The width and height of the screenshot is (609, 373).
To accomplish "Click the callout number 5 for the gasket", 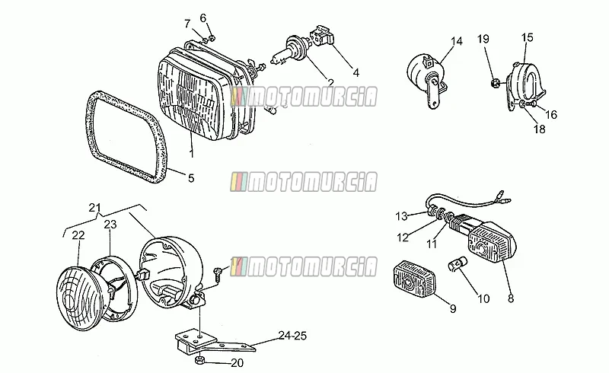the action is point(191,178).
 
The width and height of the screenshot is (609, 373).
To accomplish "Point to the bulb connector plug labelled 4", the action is point(322,36).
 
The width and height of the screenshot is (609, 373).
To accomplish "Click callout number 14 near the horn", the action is point(457,41).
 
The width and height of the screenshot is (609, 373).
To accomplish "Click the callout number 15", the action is point(527,37).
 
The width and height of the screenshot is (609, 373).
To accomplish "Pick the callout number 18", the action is point(540,129).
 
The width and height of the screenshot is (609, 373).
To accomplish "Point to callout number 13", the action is point(402,216).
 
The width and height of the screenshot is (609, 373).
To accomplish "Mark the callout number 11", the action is point(432,244).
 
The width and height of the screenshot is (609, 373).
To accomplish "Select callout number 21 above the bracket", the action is point(94,208).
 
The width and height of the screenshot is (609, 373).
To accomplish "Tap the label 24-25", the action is point(292,335).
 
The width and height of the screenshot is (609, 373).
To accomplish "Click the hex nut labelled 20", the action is point(199,360).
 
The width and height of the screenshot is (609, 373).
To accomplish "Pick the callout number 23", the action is point(110,225).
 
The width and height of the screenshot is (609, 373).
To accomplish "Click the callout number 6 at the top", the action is point(203,18).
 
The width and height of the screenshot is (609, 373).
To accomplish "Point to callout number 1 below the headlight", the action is point(191,153).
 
